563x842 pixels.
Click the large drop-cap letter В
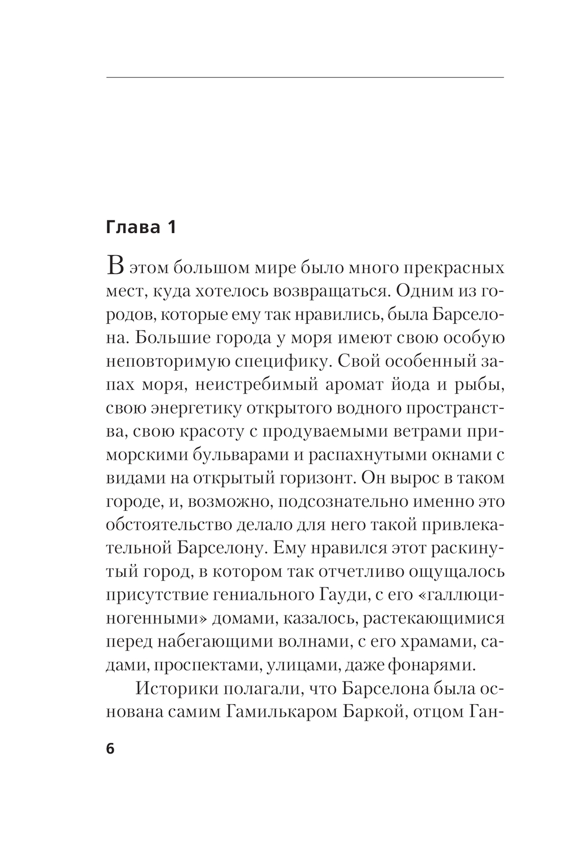tap(114, 266)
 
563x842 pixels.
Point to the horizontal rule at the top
tap(305, 76)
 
